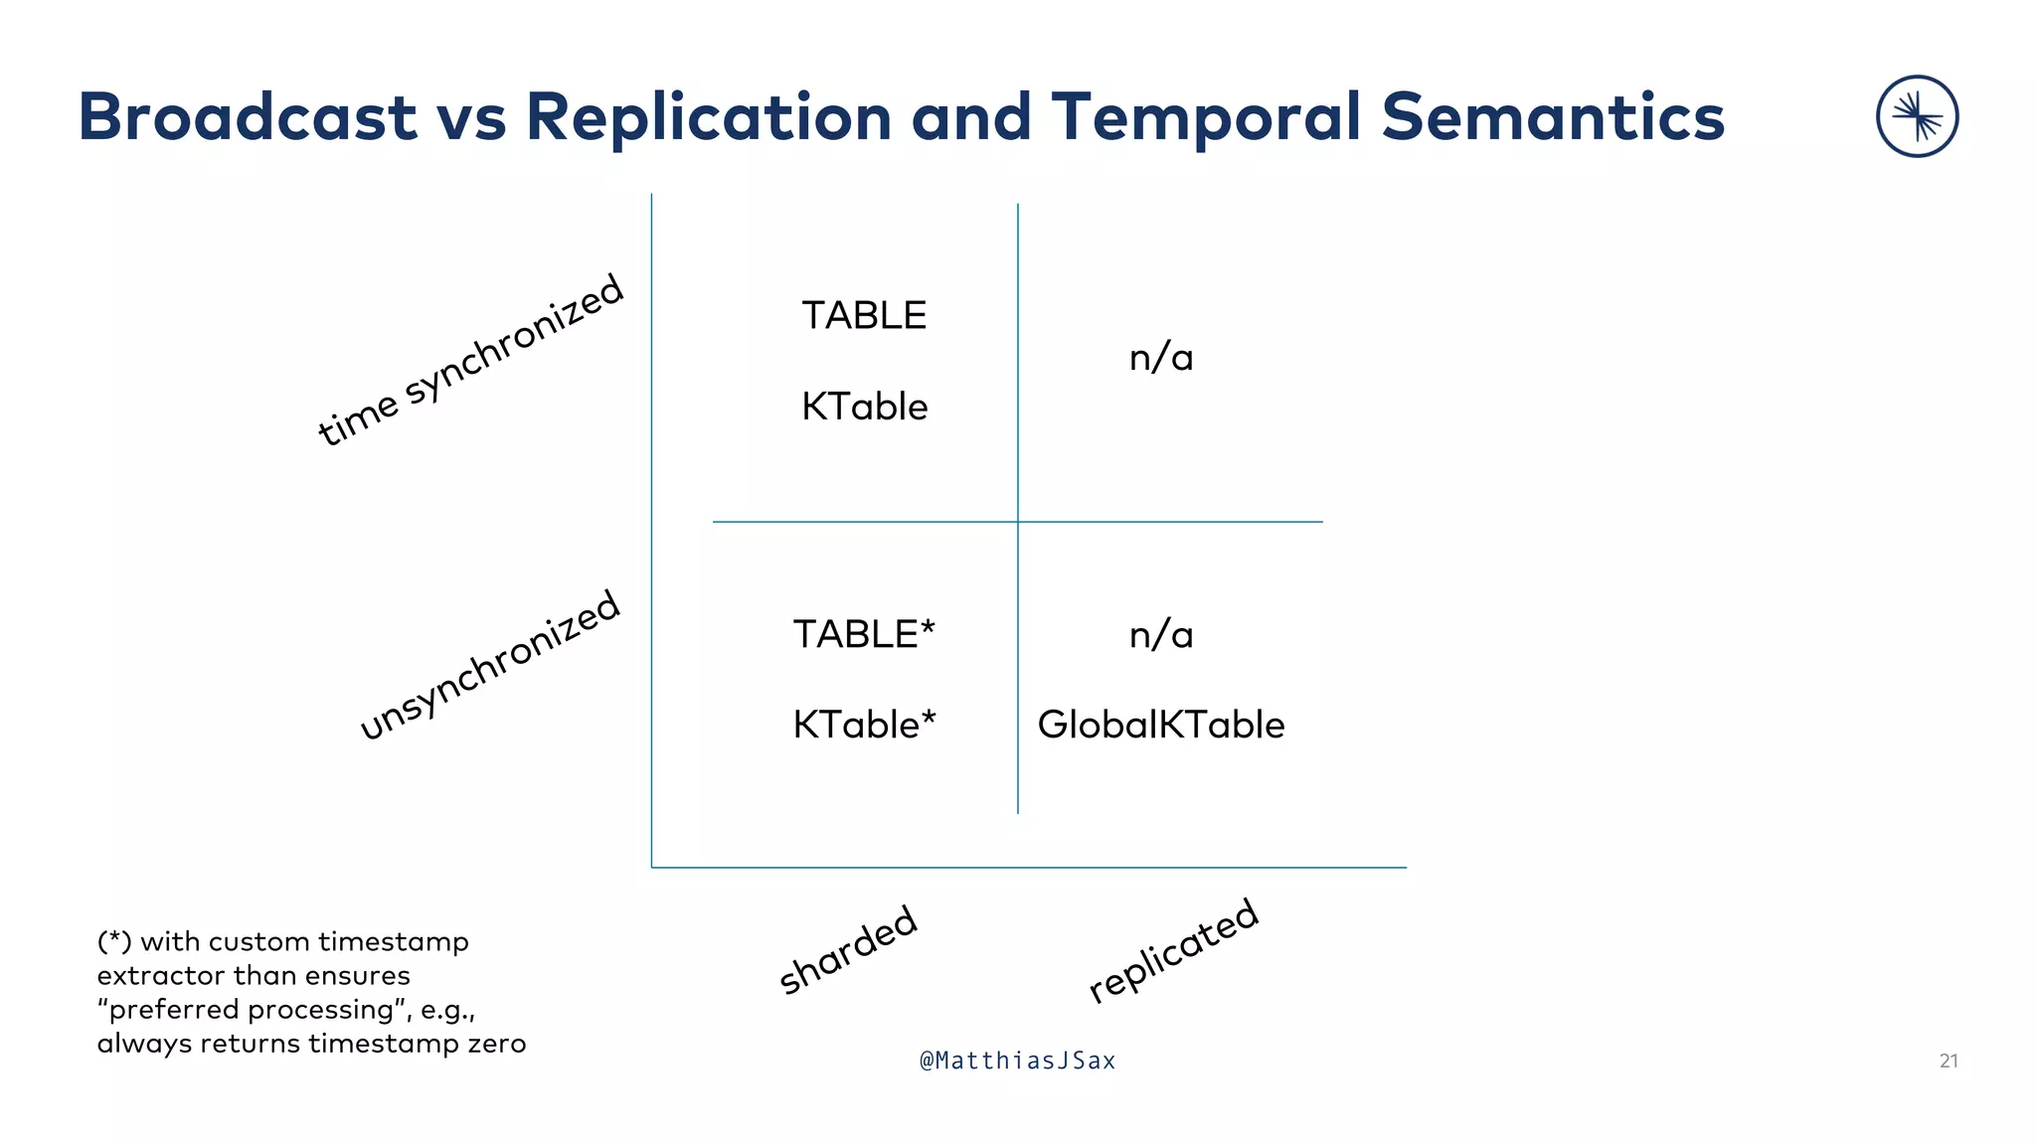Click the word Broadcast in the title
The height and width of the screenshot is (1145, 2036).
[247, 117]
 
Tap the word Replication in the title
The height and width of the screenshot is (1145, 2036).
[709, 117]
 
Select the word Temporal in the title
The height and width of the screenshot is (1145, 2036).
[1206, 117]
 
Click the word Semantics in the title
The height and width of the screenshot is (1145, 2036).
[1553, 117]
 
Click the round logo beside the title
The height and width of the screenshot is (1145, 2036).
[1917, 116]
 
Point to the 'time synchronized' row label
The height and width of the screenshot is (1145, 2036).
[470, 360]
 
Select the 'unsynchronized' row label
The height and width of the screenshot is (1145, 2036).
[489, 665]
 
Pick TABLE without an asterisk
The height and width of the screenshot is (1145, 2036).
[864, 316]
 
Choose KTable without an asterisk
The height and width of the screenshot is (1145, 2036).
[864, 408]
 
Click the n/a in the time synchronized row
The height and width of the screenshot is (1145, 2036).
[1161, 358]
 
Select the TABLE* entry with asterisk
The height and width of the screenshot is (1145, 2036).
[864, 635]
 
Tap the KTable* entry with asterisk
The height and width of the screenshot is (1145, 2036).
[864, 726]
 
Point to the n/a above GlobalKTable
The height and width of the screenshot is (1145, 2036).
[1161, 635]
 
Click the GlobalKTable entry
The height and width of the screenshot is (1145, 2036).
[1161, 726]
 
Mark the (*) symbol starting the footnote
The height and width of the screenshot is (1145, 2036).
[114, 941]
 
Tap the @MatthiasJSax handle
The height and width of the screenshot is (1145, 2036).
[1018, 1062]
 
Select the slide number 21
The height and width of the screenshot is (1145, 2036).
[1949, 1062]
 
